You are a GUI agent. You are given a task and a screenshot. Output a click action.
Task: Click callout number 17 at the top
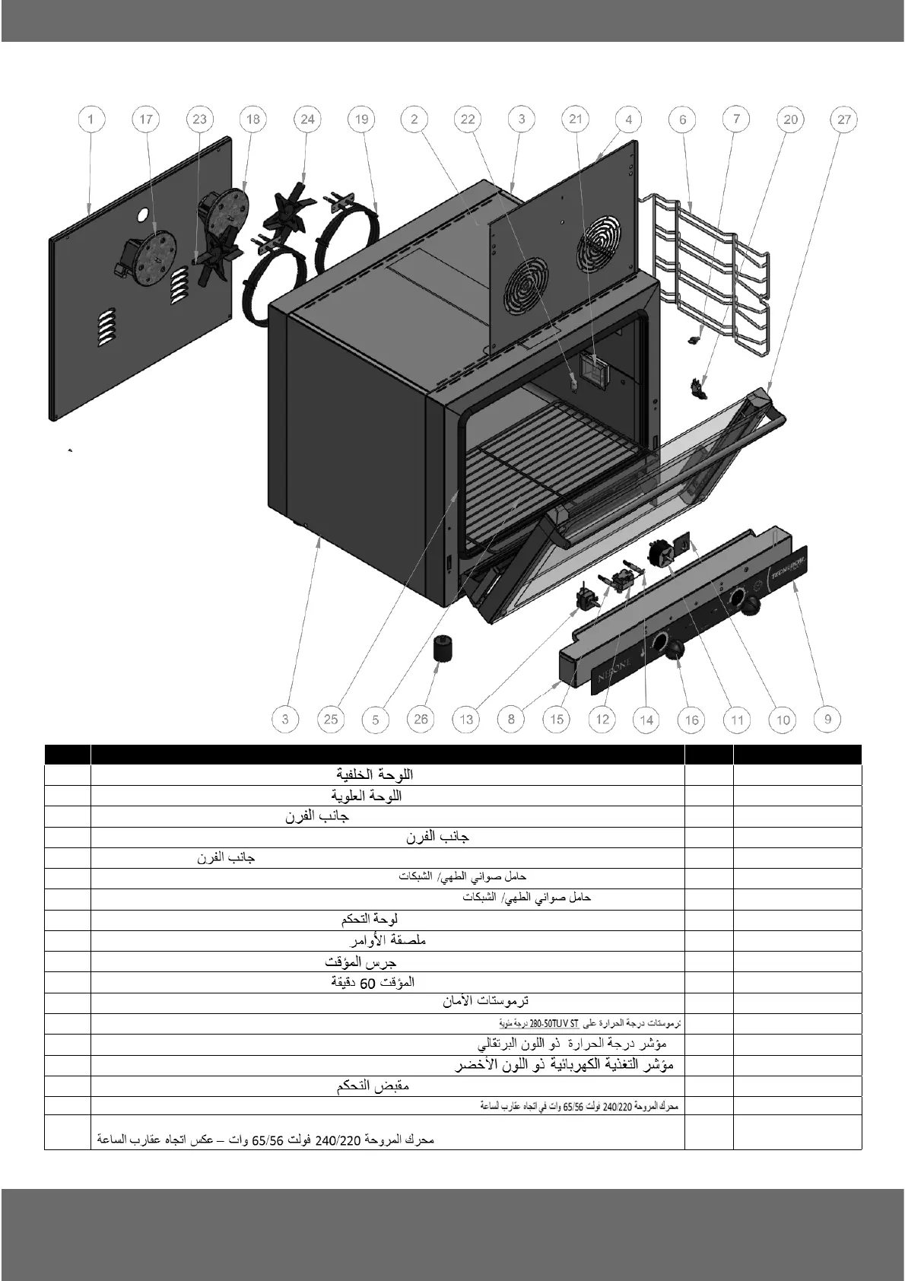tap(146, 119)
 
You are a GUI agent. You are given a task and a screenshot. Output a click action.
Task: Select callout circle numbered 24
tap(307, 119)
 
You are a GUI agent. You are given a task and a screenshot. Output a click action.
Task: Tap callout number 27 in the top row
tap(844, 119)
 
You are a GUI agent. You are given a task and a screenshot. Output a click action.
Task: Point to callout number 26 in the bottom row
tap(421, 719)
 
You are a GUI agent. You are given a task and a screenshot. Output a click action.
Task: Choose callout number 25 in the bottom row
tap(331, 719)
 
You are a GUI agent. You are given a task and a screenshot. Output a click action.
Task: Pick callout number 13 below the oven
tap(466, 719)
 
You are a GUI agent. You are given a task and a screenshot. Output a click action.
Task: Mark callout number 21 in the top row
tap(575, 119)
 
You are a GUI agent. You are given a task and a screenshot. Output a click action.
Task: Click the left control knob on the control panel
tap(675, 648)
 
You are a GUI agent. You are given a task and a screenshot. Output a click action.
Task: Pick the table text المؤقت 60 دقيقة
tap(373, 981)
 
